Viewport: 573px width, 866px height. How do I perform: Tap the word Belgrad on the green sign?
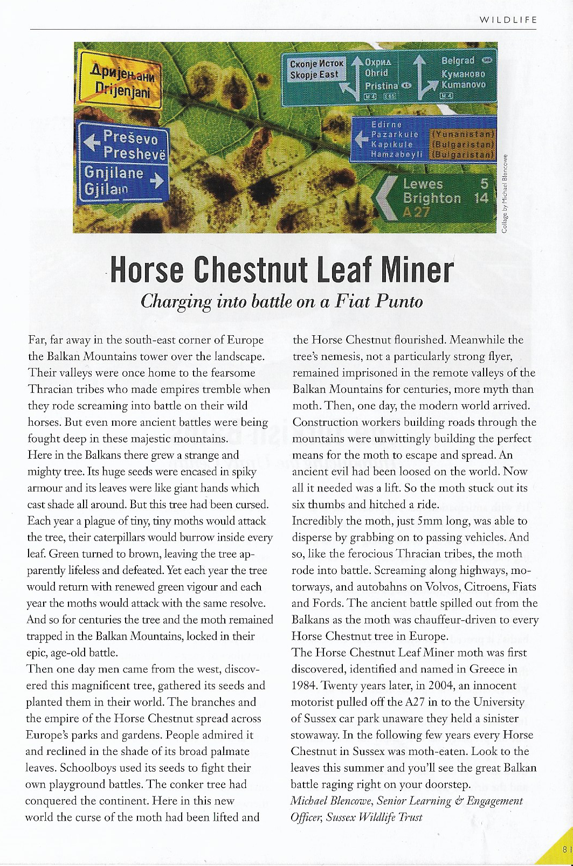pyautogui.click(x=458, y=60)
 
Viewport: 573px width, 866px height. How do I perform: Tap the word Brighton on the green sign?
pyautogui.click(x=432, y=198)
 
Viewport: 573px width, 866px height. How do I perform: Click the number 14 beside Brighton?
pyautogui.click(x=480, y=198)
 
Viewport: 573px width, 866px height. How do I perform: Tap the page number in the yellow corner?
pyautogui.click(x=565, y=849)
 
